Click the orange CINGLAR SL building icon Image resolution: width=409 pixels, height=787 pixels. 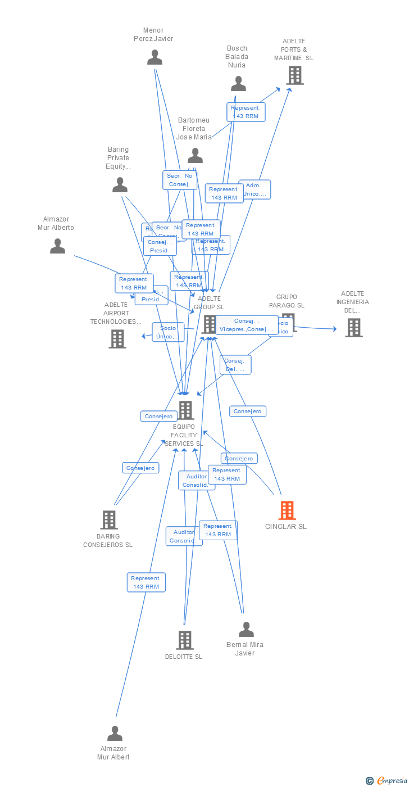pos(287,510)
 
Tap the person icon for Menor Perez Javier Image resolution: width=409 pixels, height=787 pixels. pos(154,57)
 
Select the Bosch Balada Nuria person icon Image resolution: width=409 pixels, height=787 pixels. pos(238,84)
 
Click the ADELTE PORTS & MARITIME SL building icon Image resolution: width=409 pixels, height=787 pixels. pos(294,75)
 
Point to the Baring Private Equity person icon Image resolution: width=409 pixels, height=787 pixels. pos(120,185)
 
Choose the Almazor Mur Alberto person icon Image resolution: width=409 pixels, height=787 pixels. pos(57,246)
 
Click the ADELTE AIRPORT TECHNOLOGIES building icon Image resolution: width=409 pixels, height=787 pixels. pos(117,339)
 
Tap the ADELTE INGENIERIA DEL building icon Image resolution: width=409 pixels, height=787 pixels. pos(353,328)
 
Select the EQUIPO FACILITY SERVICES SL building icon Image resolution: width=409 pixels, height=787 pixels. pos(185,410)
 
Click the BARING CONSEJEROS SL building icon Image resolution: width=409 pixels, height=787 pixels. pos(108,520)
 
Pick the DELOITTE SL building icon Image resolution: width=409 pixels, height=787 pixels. pos(184,640)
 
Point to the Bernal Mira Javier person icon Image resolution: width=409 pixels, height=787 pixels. pos(246,630)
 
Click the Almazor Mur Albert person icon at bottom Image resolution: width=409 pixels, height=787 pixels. pos(115,734)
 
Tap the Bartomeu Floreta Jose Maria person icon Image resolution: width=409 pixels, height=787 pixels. pos(195,156)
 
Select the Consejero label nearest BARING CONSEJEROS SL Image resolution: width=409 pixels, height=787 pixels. pos(140,468)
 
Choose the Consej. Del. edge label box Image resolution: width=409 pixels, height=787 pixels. pos(235,365)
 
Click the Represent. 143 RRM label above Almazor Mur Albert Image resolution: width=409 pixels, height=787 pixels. pos(146,582)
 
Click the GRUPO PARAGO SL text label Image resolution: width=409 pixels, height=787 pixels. pos(287,301)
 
